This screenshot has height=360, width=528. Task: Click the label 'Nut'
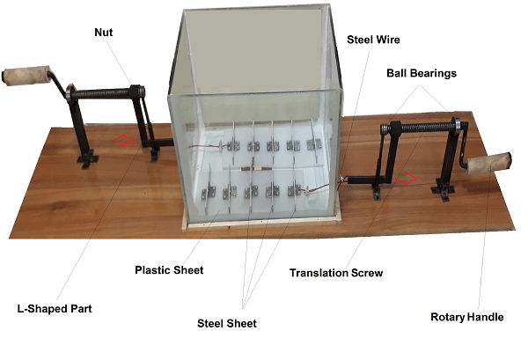coord(103,33)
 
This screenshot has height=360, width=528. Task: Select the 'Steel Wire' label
coord(373,40)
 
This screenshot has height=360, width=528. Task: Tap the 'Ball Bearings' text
coord(422,73)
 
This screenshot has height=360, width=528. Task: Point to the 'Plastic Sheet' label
coord(169,270)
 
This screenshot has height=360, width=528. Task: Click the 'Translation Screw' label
coord(336,273)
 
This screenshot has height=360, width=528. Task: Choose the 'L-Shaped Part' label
coord(55,309)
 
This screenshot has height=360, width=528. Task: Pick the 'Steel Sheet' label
coord(227,324)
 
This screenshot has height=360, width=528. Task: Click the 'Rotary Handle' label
coord(467,317)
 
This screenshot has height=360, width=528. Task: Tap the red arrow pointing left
coord(124,140)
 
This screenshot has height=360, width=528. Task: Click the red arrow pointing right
coord(406,179)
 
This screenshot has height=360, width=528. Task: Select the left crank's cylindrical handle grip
coord(26,77)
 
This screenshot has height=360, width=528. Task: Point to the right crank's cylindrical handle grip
coord(488,164)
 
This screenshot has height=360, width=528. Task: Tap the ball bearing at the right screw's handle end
coord(456,125)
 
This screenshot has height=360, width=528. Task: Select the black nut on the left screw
coord(136,92)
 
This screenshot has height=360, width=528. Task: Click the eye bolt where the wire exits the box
coord(341,179)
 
